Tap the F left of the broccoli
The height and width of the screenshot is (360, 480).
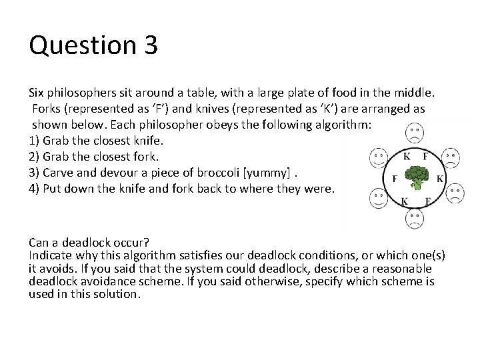[395, 179]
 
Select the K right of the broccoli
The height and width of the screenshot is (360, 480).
[439, 179]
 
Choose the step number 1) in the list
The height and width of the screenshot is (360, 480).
[35, 141]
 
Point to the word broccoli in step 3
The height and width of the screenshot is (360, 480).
[219, 172]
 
